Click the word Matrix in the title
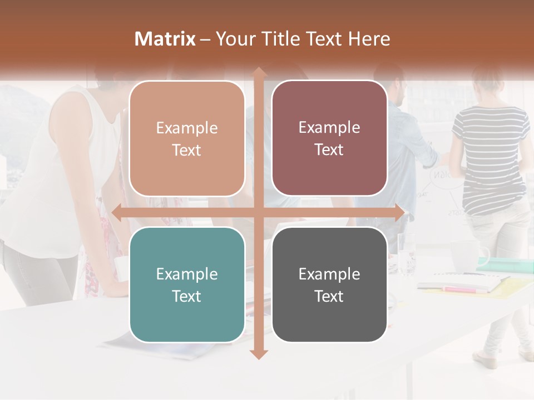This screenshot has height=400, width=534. click(x=165, y=39)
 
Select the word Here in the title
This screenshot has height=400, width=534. click(x=369, y=39)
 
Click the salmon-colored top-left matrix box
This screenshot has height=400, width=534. click(x=187, y=138)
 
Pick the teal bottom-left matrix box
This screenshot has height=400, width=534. click(x=187, y=284)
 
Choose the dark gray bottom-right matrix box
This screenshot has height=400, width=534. click(x=329, y=284)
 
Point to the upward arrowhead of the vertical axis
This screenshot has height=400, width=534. click(x=259, y=73)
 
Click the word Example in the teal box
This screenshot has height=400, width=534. click(x=187, y=274)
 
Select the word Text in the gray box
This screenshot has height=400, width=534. click(x=329, y=296)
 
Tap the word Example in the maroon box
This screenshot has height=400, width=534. click(x=329, y=127)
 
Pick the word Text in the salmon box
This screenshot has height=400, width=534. click(x=187, y=150)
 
